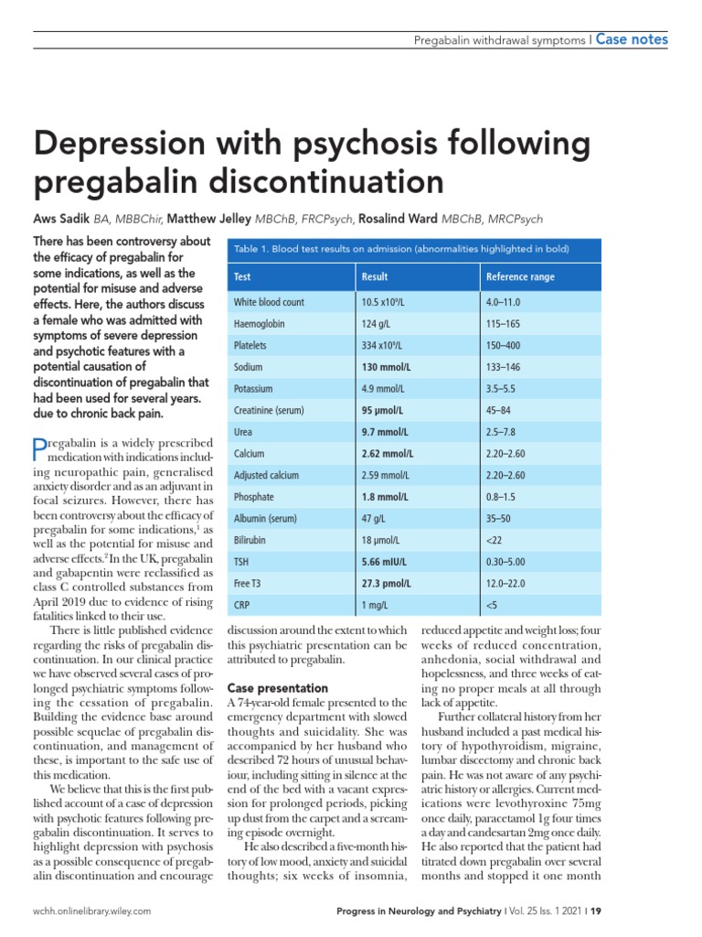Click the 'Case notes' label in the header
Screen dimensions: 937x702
pos(632,39)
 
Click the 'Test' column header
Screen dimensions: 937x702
pos(242,276)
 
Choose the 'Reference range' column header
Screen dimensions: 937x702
pos(520,276)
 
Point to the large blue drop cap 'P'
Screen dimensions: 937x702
pos(38,448)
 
